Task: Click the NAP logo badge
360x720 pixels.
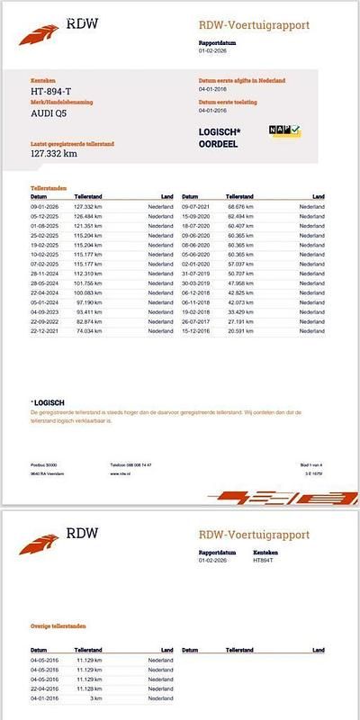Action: (x=284, y=131)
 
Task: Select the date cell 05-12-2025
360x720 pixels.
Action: (x=44, y=215)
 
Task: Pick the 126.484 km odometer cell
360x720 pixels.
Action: (x=115, y=215)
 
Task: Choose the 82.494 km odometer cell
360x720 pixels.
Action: (x=269, y=215)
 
